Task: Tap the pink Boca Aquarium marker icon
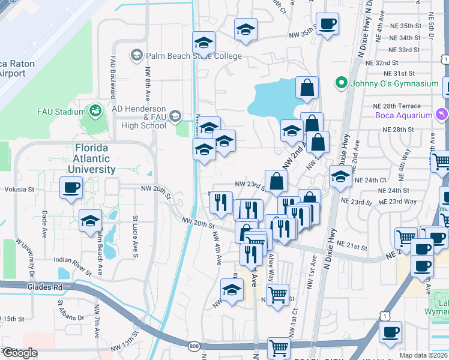442,114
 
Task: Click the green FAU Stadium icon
95,111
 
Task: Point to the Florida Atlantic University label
92,158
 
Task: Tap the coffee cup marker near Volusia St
71,187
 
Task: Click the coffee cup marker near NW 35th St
327,24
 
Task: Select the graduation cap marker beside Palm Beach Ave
91,220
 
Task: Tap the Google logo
20,353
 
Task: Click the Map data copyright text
424,355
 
